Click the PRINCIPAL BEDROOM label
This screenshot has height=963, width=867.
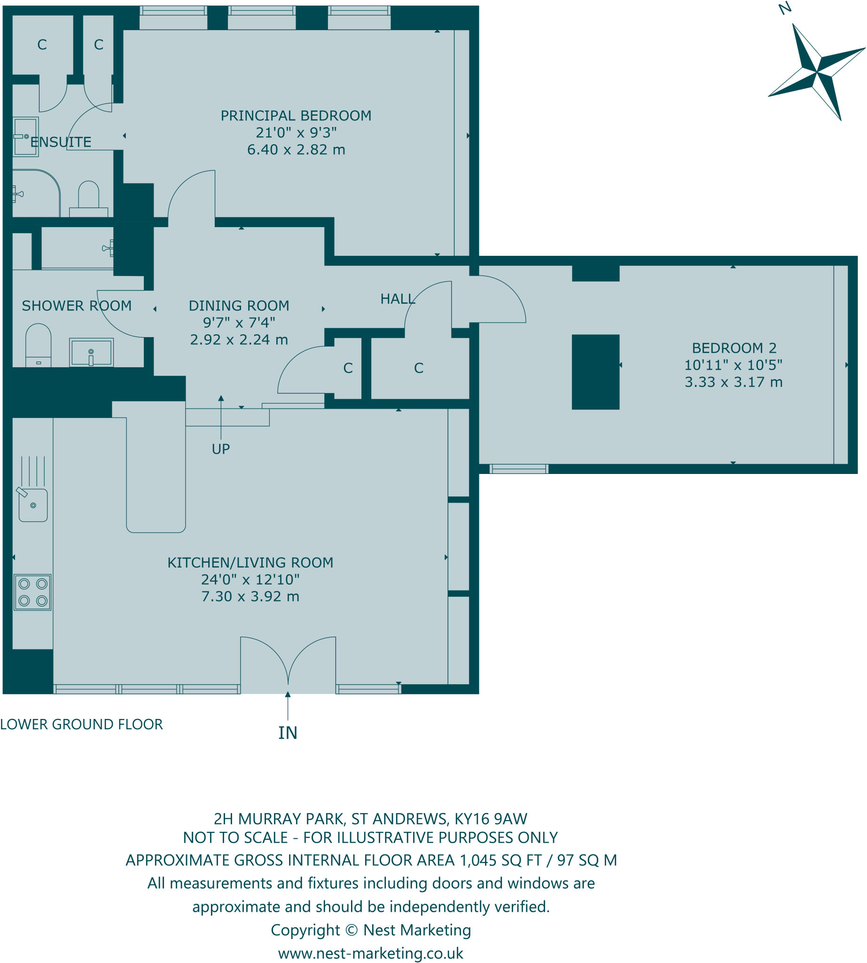pos(296,116)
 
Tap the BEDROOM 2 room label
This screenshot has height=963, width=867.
pos(734,348)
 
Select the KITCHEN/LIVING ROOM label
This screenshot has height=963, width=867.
pos(250,562)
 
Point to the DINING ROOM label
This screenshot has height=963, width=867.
pos(239,306)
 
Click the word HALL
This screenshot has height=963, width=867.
pos(397,299)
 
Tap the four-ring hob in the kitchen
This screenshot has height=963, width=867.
pos(32,592)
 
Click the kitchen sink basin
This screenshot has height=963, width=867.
pos(33,505)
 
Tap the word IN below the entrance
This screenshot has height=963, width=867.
pos(288,733)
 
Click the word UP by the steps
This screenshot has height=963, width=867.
pos(220,449)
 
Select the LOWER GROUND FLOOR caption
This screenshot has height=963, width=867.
pos(81,724)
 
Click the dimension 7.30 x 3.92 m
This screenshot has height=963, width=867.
pos(250,596)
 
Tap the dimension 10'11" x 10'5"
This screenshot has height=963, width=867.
pos(733,365)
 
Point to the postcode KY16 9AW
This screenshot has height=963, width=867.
pos(491,819)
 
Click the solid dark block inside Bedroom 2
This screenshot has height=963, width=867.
pos(595,372)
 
